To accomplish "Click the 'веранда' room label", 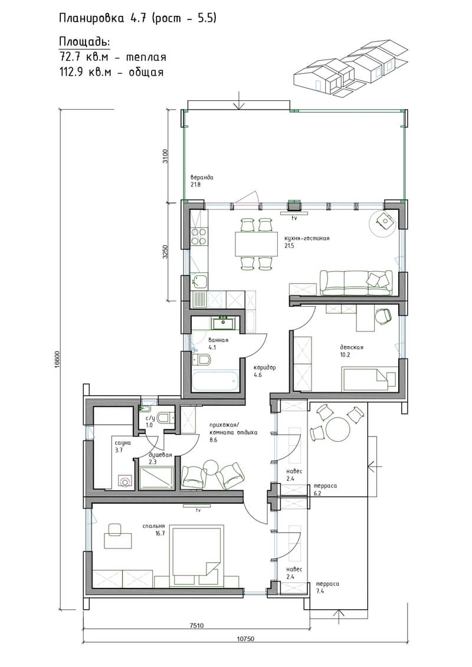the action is click(x=202, y=178).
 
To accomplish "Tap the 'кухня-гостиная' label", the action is click(x=307, y=238).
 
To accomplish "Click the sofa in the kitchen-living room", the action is click(x=356, y=282).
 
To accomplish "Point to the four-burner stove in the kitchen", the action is click(x=198, y=237).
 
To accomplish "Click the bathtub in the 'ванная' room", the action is click(x=215, y=381).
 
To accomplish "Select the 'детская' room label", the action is click(x=351, y=347).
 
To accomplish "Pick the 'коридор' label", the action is click(x=265, y=367).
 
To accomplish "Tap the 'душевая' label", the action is click(x=160, y=455).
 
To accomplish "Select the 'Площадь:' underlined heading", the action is click(x=84, y=42).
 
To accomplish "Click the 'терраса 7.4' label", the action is click(x=326, y=587).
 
